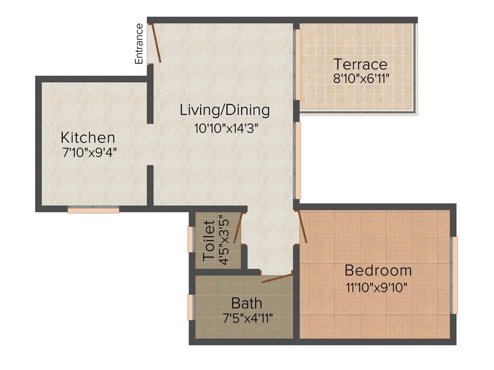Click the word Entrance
[139, 44]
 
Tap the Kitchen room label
[88, 137]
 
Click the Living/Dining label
[225, 110]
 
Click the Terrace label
[361, 64]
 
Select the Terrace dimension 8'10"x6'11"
[361, 79]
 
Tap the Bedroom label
[378, 270]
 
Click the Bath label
[247, 304]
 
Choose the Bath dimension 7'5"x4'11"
[247, 318]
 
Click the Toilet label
[209, 240]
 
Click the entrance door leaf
[156, 43]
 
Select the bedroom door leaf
[303, 226]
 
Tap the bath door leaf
[277, 278]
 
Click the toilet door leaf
[237, 230]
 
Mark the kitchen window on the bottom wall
[93, 210]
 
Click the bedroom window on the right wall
[454, 275]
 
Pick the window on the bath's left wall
[191, 307]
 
